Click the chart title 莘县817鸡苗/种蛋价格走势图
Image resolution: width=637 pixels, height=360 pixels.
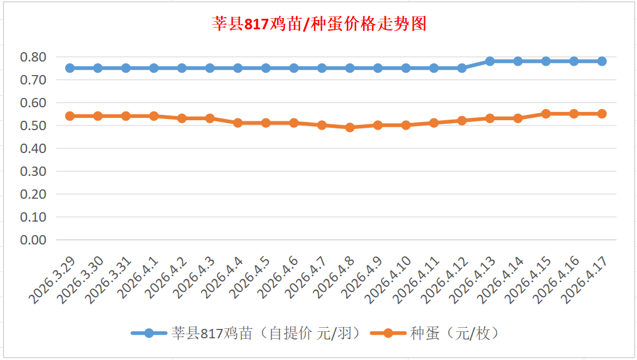[318, 24]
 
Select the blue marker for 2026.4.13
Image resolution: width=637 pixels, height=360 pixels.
[490, 61]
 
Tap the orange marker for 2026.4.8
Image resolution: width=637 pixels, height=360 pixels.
[350, 127]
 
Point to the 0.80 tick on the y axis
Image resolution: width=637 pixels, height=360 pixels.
[33, 57]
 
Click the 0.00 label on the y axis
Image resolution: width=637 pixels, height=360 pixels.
[33, 240]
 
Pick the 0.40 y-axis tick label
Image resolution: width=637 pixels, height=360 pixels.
[33, 148]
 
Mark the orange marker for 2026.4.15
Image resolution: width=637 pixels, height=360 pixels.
[546, 114]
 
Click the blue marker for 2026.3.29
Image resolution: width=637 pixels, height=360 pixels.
[70, 68]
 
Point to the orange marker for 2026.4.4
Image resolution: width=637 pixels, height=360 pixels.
[238, 123]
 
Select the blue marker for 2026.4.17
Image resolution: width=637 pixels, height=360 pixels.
[602, 61]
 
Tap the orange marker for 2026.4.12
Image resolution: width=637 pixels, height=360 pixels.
[462, 121]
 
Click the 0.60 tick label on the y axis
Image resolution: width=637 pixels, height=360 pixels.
[33, 103]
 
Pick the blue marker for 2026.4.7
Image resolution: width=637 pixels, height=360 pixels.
[322, 68]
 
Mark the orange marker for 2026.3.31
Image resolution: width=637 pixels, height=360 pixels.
[126, 116]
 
